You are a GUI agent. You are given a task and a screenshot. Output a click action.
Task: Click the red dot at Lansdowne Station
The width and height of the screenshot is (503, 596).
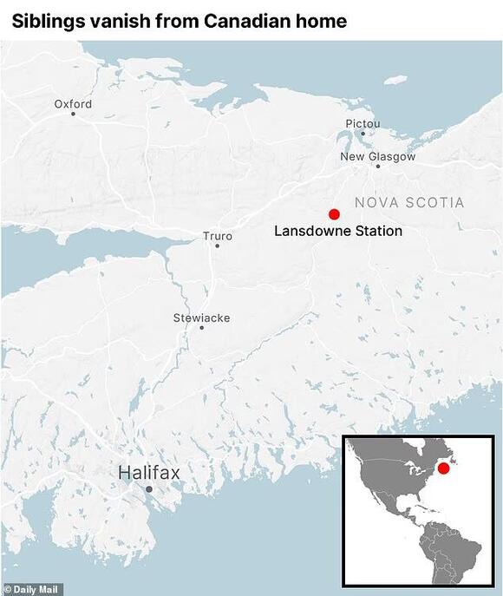point(334,214)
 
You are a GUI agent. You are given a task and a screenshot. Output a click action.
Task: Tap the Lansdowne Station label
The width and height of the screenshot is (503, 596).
point(338,232)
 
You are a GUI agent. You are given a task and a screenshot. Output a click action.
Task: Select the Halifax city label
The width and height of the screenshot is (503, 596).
point(149,473)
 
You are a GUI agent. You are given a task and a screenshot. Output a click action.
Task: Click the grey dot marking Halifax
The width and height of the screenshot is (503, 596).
point(149,490)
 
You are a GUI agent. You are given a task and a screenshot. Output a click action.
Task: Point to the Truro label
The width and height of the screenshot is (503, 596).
point(217,235)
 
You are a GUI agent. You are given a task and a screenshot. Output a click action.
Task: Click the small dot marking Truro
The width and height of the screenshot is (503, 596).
point(217,246)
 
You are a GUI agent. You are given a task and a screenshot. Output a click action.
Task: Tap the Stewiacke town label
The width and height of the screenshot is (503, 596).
point(201,318)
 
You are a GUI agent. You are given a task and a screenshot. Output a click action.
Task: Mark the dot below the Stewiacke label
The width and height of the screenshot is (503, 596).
point(201,328)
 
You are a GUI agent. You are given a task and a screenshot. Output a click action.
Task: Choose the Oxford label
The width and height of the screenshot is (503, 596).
point(73,104)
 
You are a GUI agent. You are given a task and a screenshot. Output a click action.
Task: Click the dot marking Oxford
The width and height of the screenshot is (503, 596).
point(73,114)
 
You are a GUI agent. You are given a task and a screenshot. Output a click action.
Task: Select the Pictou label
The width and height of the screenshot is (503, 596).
point(363,124)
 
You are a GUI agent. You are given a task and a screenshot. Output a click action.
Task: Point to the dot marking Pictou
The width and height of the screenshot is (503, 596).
point(363,134)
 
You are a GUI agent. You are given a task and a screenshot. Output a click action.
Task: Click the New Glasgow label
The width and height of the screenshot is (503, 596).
point(377,157)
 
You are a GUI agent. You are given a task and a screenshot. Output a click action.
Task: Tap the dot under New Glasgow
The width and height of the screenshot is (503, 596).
point(377,167)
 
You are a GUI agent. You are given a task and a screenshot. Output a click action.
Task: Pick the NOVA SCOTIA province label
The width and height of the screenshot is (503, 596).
point(408,203)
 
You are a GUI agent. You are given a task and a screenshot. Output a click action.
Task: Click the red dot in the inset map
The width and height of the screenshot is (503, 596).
point(443,468)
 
